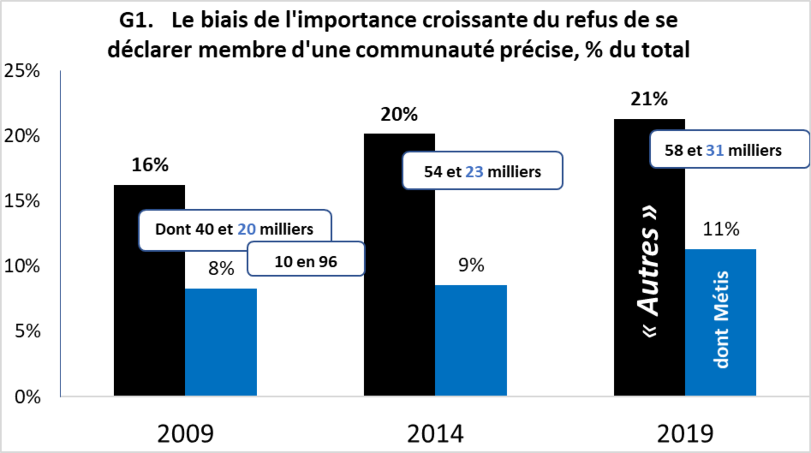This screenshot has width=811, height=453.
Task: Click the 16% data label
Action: tap(150, 165)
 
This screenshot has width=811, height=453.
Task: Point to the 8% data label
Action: tap(221, 268)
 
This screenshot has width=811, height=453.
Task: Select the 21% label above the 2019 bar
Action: tap(649, 99)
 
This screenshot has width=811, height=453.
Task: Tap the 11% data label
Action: tap(721, 229)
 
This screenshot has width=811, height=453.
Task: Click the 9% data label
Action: tap(471, 265)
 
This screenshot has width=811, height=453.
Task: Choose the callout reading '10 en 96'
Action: tap(306, 262)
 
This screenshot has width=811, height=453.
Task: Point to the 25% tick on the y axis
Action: tap(22, 71)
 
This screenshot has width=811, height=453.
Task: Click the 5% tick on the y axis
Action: tap(27, 331)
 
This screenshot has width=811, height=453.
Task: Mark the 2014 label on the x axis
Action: tap(435, 434)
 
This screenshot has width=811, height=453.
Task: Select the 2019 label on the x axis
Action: tap(685, 434)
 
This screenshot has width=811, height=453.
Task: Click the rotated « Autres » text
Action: tap(649, 271)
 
